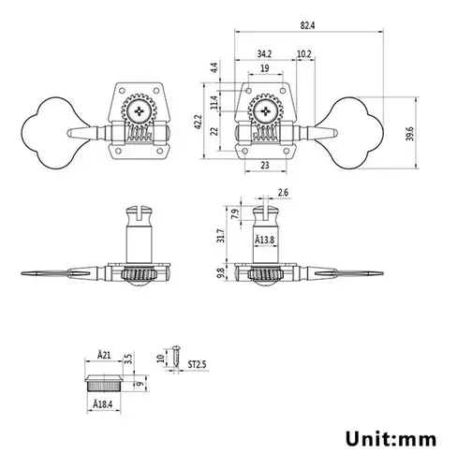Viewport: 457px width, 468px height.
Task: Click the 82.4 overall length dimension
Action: click(307, 25)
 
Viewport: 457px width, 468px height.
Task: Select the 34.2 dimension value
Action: click(264, 54)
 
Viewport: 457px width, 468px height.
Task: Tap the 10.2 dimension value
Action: click(304, 54)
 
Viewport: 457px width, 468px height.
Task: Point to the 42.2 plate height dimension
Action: click(199, 123)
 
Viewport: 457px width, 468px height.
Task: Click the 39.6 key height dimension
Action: click(410, 134)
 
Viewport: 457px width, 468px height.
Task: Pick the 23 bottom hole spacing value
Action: click(265, 165)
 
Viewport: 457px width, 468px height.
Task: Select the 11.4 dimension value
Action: click(214, 102)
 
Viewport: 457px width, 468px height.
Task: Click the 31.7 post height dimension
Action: click(221, 236)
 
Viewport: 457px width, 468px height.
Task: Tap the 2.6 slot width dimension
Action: click(283, 193)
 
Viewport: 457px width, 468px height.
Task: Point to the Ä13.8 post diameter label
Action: click(265, 240)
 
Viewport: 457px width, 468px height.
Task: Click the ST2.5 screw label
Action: click(197, 364)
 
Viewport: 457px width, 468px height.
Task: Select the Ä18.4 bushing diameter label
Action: click(103, 404)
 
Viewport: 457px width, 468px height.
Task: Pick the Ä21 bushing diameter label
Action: click(104, 355)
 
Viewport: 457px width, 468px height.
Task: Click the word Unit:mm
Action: click(391, 439)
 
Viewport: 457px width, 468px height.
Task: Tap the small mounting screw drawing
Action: click(176, 357)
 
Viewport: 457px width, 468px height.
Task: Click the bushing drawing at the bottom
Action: click(104, 383)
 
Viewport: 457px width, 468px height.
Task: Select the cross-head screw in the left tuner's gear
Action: click(140, 111)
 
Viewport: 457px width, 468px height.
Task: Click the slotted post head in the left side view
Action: click(140, 215)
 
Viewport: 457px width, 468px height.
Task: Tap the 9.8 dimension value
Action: click(221, 273)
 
